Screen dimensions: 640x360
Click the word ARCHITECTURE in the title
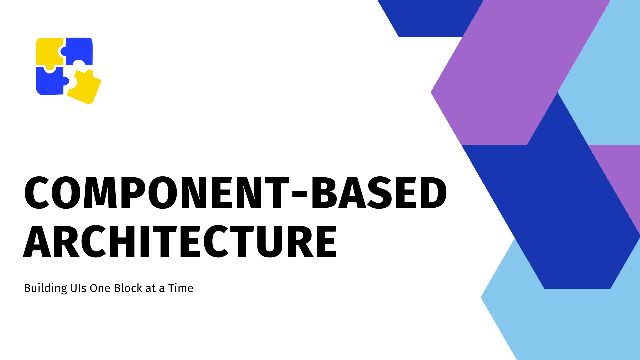180,241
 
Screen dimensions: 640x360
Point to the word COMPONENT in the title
157,193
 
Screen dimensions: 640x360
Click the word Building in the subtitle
46,288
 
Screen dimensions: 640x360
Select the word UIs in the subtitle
79,288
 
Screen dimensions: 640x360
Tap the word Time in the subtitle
181,288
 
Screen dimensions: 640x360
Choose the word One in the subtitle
100,288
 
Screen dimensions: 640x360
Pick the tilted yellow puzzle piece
85,87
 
